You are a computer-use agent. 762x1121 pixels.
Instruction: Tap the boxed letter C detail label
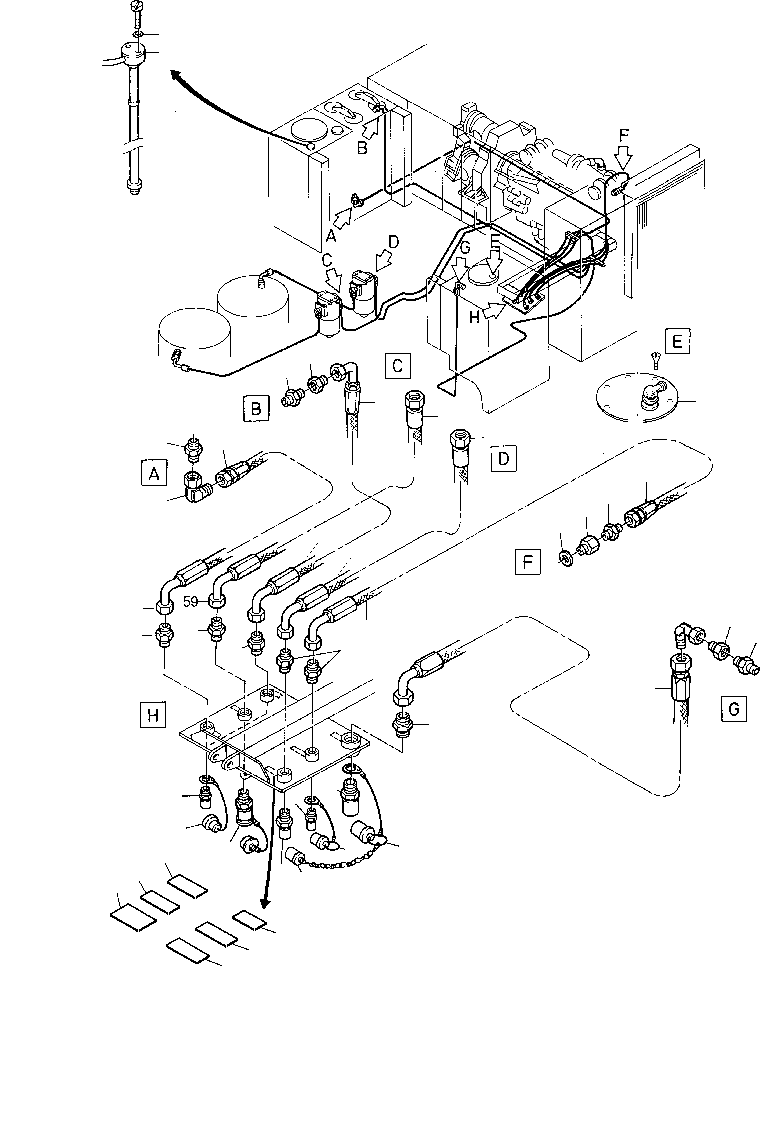click(397, 366)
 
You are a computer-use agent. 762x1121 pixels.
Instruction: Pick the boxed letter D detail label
click(503, 458)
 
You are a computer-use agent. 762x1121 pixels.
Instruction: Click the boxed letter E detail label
click(676, 341)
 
